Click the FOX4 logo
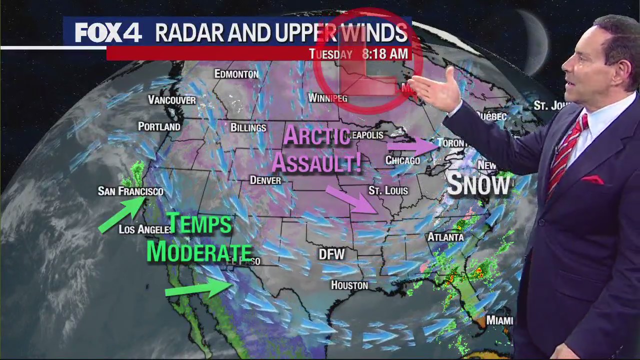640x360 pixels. click(108, 33)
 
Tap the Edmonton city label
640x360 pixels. click(236, 74)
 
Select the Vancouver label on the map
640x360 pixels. click(172, 100)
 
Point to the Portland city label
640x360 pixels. click(159, 126)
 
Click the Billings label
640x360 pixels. click(248, 127)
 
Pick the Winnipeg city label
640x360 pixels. click(327, 97)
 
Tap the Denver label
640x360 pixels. click(265, 180)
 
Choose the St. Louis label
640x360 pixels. click(388, 190)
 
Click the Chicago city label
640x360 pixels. click(402, 160)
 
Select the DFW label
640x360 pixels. click(332, 254)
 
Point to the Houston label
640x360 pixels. click(349, 285)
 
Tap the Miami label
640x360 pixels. click(499, 320)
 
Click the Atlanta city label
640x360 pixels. click(445, 236)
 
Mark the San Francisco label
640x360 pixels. click(130, 191)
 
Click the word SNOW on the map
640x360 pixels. click(478, 184)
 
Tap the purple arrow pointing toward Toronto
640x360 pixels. click(412, 146)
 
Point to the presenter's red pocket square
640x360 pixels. click(592, 179)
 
